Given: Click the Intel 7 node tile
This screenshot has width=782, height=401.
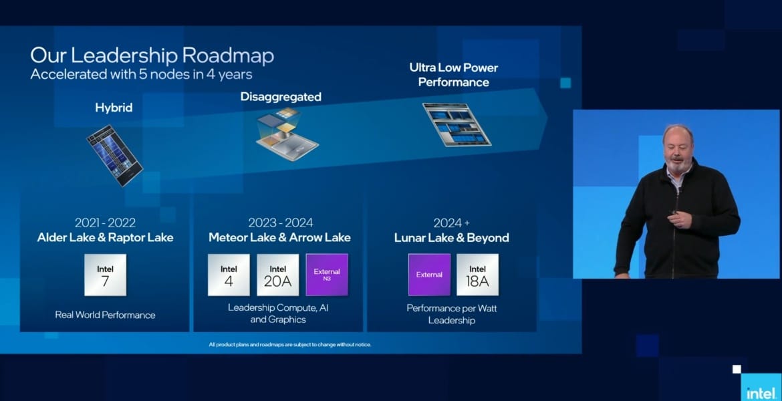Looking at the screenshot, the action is tap(105, 275).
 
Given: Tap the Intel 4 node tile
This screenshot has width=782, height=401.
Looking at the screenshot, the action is tap(229, 275).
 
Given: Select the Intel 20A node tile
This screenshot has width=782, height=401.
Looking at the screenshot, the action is tap(278, 275).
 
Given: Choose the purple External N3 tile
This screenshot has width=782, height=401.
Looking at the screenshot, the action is tap(327, 275).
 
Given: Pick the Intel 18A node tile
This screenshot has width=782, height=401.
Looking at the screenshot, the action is tap(477, 275).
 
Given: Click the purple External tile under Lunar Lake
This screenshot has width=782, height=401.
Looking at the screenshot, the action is tap(429, 275).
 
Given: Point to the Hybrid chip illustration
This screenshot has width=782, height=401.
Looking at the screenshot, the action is tap(114, 155).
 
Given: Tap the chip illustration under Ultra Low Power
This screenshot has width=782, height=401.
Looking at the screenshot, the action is tap(457, 125).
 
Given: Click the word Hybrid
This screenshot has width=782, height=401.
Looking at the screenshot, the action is tap(114, 108).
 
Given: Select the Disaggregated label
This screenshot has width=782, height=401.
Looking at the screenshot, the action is tap(281, 97).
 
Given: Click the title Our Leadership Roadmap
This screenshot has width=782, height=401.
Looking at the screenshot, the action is tap(152, 55).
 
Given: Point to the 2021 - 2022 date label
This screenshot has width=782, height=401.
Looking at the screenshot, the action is tap(105, 223).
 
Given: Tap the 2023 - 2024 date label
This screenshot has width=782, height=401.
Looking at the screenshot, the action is tap(281, 223).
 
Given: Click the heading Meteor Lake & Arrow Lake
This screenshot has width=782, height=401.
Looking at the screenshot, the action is tap(279, 237).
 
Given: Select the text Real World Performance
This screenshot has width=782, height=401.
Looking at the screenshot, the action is tap(105, 315).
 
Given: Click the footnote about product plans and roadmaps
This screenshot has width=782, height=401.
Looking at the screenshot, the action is tap(290, 345).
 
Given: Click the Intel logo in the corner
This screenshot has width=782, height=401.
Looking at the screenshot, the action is tap(761, 392).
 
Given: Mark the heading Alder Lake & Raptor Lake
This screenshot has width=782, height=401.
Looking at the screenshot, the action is tap(105, 237).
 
